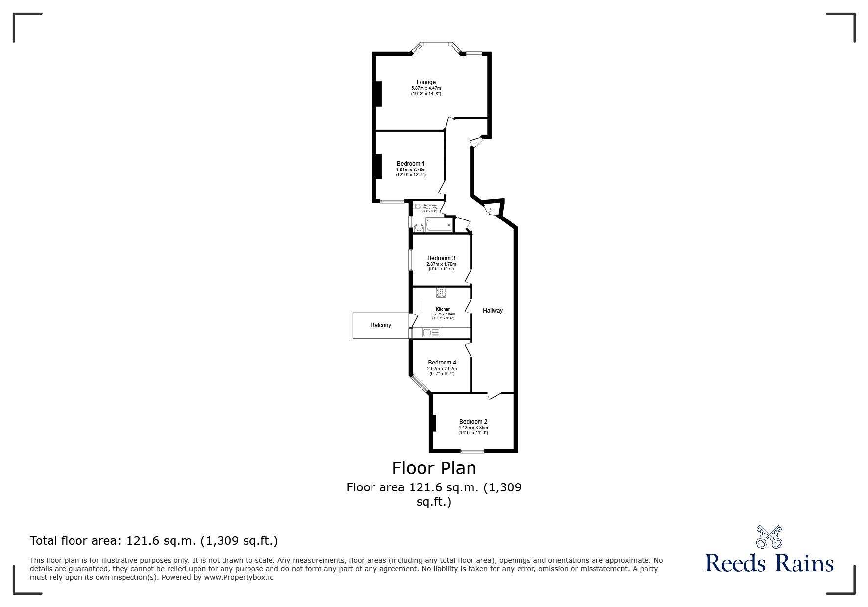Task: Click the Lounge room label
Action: [426, 82]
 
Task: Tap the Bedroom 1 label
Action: [411, 164]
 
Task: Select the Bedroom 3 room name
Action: [441, 258]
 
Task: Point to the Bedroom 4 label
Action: [442, 363]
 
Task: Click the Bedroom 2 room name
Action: [473, 422]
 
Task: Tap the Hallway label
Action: [493, 311]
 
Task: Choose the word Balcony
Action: [381, 325]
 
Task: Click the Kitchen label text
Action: [443, 309]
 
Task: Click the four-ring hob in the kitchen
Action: [442, 293]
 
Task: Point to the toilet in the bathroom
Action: [418, 227]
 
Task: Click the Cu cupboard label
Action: [492, 210]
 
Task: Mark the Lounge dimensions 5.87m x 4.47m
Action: [426, 88]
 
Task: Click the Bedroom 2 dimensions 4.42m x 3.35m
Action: [473, 428]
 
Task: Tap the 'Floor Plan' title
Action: [434, 468]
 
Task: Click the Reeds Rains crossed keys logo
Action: [769, 537]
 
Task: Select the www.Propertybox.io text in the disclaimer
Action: [239, 577]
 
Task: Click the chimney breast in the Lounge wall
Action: [378, 93]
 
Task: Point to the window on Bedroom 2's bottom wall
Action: [472, 451]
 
